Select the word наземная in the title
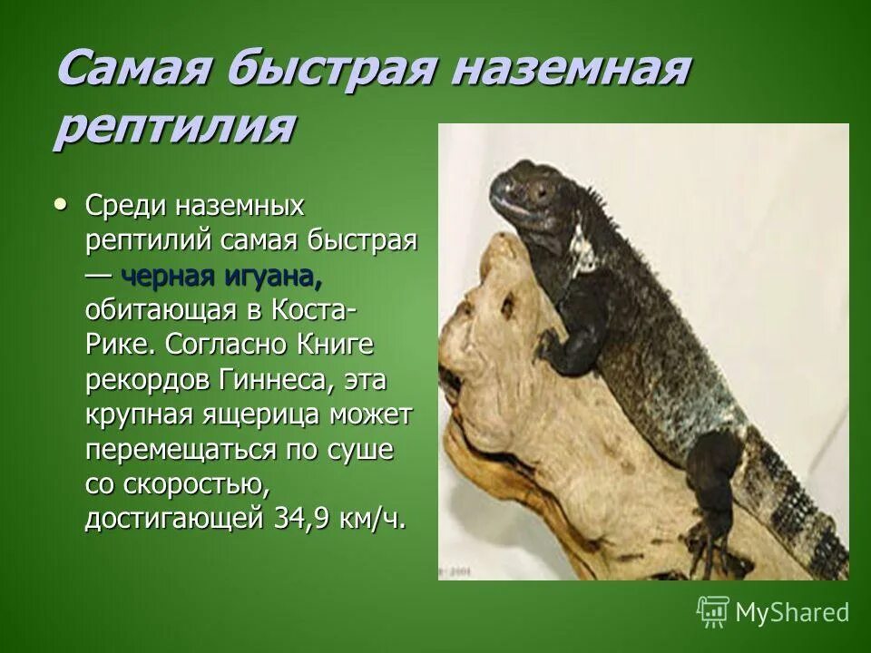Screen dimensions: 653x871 (563, 69)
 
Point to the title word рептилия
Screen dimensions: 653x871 (172, 128)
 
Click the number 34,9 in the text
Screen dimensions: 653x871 (304, 518)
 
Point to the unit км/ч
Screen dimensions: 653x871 (369, 518)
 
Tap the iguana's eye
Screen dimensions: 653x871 (542, 192)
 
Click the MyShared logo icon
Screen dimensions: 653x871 (713, 612)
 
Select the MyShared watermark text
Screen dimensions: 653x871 (792, 612)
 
